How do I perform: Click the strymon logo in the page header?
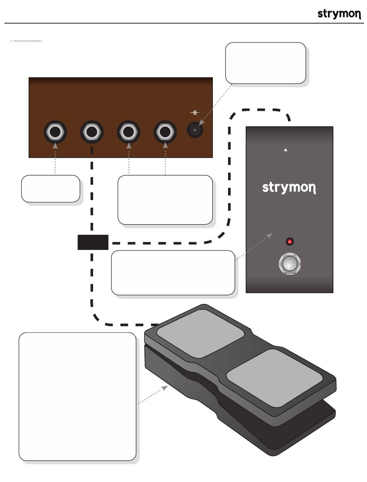[339, 14]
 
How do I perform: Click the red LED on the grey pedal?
[290, 242]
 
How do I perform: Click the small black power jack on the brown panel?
[195, 131]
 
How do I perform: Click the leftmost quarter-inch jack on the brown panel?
[55, 132]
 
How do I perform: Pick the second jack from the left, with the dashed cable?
[92, 132]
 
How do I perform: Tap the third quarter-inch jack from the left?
[129, 132]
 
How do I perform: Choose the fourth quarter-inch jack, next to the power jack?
[165, 132]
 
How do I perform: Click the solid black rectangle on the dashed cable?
[93, 242]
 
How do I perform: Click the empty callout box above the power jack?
[266, 63]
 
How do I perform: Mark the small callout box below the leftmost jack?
[51, 188]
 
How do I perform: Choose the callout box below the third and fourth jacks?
[165, 200]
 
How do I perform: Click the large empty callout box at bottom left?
[77, 396]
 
